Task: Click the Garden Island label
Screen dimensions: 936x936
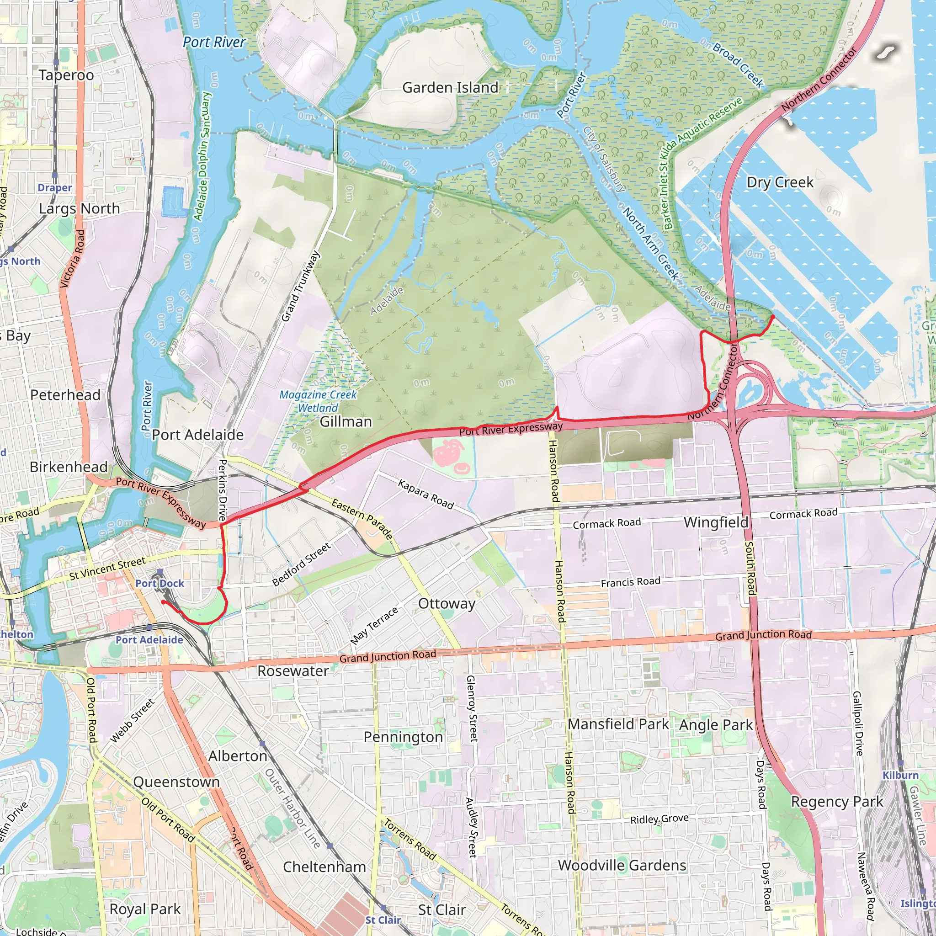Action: click(450, 88)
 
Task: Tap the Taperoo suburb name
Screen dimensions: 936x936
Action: click(66, 75)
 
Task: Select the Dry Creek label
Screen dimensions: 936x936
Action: click(780, 182)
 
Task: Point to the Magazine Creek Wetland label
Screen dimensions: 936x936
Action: click(318, 401)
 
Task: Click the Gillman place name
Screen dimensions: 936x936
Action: click(346, 421)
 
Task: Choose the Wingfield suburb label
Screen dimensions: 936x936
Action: click(716, 522)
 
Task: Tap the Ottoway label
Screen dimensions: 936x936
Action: click(447, 604)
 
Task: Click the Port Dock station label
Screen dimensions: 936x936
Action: click(160, 583)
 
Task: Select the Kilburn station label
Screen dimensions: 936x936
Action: click(900, 775)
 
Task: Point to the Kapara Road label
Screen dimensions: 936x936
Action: click(426, 494)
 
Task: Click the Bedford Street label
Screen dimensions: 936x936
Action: click(301, 564)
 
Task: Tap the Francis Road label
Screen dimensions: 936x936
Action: click(630, 582)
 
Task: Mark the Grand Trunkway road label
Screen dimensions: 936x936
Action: click(301, 286)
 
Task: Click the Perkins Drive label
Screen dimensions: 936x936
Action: click(223, 490)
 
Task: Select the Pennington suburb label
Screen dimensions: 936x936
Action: click(403, 737)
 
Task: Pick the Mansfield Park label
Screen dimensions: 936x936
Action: click(618, 724)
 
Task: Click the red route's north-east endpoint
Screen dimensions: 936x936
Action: click(773, 316)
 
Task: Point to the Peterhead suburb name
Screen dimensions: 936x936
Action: click(65, 395)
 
